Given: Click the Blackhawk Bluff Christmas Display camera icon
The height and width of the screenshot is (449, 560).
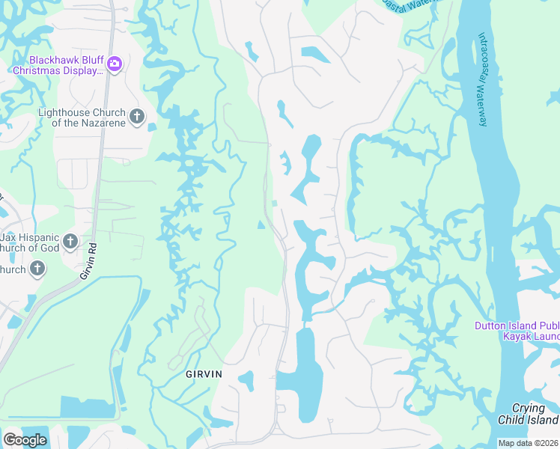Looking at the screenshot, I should (114, 63).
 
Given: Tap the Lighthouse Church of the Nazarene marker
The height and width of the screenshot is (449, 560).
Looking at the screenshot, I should (136, 116).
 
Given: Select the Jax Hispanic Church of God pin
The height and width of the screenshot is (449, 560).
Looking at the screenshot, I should (70, 241).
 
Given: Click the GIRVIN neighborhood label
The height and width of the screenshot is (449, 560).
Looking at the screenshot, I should (205, 373).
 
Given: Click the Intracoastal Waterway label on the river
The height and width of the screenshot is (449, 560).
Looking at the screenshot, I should (483, 79).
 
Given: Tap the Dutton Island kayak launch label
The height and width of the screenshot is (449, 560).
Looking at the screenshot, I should (517, 331).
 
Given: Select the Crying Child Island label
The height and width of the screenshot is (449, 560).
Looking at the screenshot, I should (529, 414).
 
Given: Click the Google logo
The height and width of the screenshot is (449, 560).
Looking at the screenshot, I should (25, 440).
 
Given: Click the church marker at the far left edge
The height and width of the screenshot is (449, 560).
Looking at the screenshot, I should (37, 269).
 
